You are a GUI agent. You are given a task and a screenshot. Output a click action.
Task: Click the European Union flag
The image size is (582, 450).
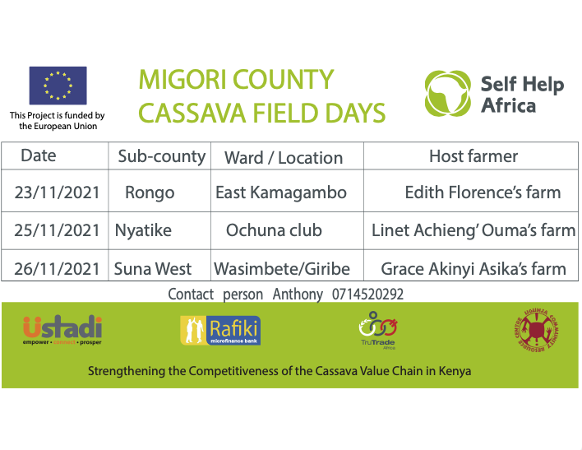tap(58, 86)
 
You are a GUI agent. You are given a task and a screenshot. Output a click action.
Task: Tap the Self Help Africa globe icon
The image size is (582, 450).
tap(448, 93)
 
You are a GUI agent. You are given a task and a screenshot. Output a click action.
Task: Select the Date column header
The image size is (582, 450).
tap(39, 155)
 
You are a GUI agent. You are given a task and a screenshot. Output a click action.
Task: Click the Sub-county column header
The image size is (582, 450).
tap(161, 156)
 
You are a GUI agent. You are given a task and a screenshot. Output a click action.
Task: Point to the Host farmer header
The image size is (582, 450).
tap(473, 156)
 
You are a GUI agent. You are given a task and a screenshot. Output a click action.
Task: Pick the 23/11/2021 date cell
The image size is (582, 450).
tap(58, 193)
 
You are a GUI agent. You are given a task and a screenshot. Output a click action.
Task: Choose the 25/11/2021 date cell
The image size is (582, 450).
tap(58, 230)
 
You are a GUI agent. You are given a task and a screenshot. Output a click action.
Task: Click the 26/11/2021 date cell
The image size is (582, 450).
tap(58, 269)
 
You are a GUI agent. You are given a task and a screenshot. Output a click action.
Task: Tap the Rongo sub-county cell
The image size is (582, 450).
tap(150, 193)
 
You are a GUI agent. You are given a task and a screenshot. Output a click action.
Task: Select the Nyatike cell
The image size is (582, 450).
tap(143, 230)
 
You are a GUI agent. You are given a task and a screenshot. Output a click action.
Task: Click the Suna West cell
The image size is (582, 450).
tap(153, 269)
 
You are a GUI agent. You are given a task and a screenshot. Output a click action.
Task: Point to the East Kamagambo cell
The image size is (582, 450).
tap(281, 193)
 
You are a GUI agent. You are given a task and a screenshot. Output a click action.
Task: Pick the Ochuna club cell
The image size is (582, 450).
tap(274, 230)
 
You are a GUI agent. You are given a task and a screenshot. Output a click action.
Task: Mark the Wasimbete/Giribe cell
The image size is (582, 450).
tap(282, 269)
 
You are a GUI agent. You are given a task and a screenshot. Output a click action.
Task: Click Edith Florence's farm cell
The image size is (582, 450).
tap(483, 193)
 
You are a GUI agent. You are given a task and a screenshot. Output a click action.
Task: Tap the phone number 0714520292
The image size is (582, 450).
tap(367, 295)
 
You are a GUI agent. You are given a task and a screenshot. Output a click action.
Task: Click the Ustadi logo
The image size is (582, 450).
tap(62, 330)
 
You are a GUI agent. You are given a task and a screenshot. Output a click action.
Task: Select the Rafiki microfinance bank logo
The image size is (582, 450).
tap(220, 331)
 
